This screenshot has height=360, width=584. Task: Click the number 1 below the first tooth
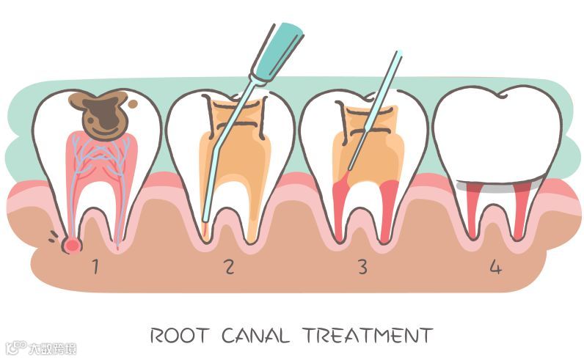click(94, 265)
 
